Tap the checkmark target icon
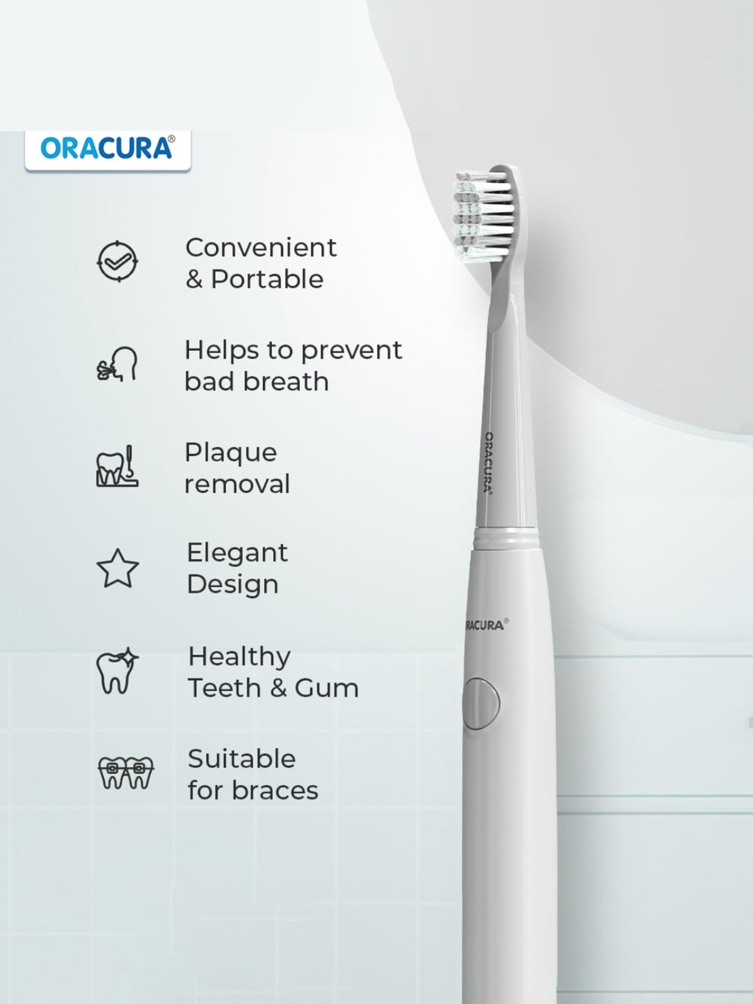point(117,261)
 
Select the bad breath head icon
point(117,364)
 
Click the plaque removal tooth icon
point(117,466)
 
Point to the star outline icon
point(117,569)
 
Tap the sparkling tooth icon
point(117,671)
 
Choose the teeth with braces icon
point(125,773)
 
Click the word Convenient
point(261,247)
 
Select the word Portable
point(267,279)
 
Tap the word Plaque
point(230,453)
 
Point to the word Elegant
point(237,553)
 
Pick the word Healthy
point(239,657)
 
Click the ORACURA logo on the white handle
point(484,625)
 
